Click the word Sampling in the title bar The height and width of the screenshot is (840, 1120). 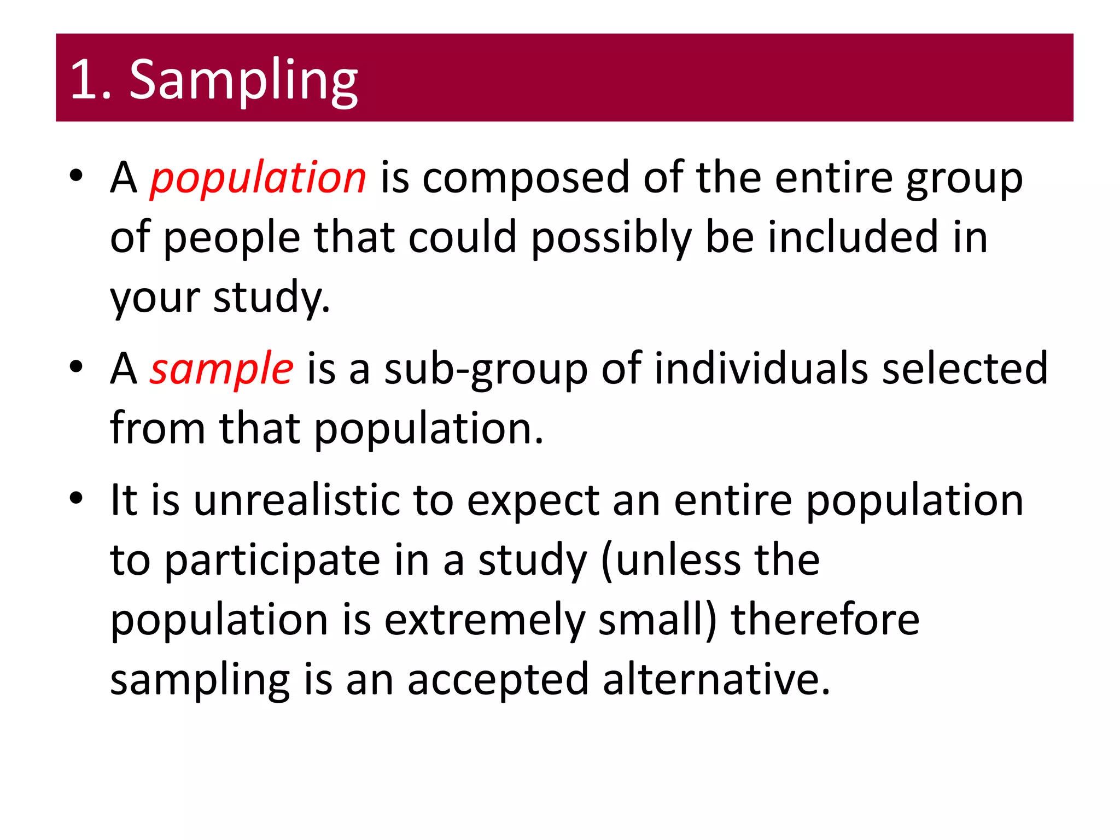[x=243, y=80]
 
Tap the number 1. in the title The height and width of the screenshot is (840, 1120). [x=91, y=80]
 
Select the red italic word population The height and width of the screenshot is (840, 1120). [x=258, y=178]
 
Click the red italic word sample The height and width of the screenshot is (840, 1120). [x=222, y=369]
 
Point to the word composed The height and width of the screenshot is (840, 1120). [x=526, y=178]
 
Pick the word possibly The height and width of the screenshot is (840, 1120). [x=611, y=238]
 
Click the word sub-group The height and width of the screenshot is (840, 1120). [x=486, y=370]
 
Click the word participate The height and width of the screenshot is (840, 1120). [x=272, y=561]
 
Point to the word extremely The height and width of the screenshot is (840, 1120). [x=485, y=620]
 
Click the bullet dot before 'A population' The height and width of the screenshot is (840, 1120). [x=76, y=176]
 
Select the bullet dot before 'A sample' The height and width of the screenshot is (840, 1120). [x=76, y=367]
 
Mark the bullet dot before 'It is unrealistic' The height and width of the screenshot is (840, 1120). [x=76, y=498]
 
